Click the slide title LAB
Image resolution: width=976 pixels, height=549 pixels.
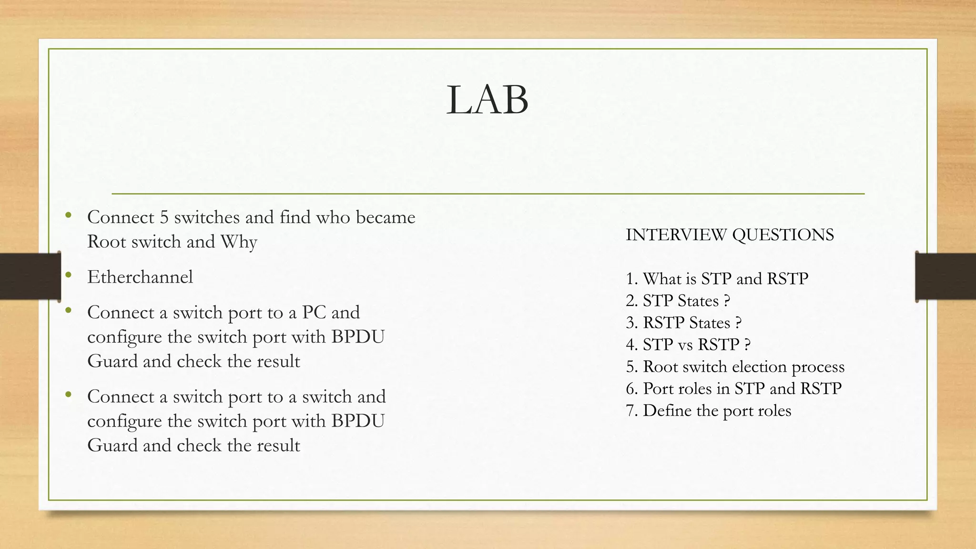pos(487,100)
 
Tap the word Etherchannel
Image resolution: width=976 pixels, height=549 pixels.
pos(140,277)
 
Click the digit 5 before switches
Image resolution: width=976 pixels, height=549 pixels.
pos(164,217)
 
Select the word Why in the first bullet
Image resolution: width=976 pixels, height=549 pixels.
pos(239,242)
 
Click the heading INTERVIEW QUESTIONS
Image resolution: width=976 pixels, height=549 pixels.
pos(730,235)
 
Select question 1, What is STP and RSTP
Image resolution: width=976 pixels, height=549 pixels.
pos(717,278)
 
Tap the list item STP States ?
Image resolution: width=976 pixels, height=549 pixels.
pos(678,301)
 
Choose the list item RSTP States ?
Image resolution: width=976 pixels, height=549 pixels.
pos(684,323)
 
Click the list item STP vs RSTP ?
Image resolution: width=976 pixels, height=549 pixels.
pos(688,345)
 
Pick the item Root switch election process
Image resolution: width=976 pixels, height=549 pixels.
pos(735,366)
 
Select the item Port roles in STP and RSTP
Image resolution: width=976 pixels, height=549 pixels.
pos(734,388)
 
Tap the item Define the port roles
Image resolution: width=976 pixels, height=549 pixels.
pos(709,410)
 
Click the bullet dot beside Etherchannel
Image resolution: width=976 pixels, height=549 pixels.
pos(69,274)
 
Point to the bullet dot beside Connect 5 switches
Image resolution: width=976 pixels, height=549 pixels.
pos(69,215)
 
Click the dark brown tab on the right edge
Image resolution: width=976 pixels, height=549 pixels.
pos(945,276)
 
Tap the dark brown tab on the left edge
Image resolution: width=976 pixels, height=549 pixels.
pos(30,276)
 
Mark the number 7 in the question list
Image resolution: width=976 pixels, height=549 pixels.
pos(630,410)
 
